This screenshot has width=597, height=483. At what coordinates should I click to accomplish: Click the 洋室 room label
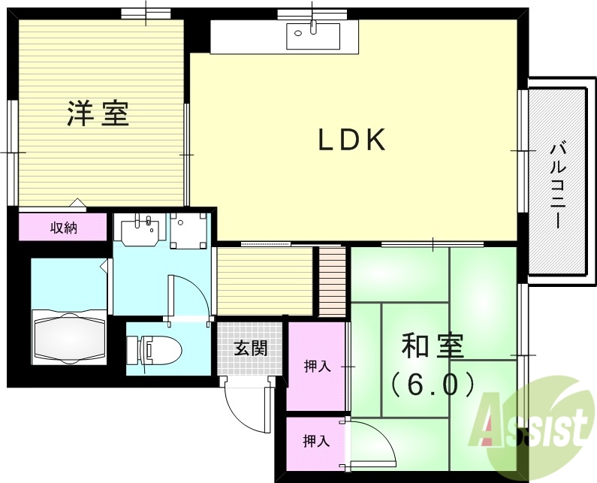pyautogui.click(x=98, y=113)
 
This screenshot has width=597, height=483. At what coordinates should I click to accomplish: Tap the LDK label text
pyautogui.click(x=352, y=140)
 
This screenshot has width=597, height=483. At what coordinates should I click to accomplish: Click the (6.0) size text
pyautogui.click(x=433, y=385)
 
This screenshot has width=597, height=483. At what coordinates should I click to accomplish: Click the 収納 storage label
pyautogui.click(x=64, y=228)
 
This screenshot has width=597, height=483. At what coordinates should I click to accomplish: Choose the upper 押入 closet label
pyautogui.click(x=317, y=367)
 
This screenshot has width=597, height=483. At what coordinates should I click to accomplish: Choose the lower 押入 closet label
pyautogui.click(x=316, y=441)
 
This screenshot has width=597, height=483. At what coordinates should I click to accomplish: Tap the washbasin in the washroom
pyautogui.click(x=141, y=229)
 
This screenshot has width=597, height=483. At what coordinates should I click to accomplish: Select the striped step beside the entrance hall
pyautogui.click(x=332, y=281)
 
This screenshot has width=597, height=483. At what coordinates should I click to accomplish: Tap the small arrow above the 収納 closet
pyautogui.click(x=77, y=203)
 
